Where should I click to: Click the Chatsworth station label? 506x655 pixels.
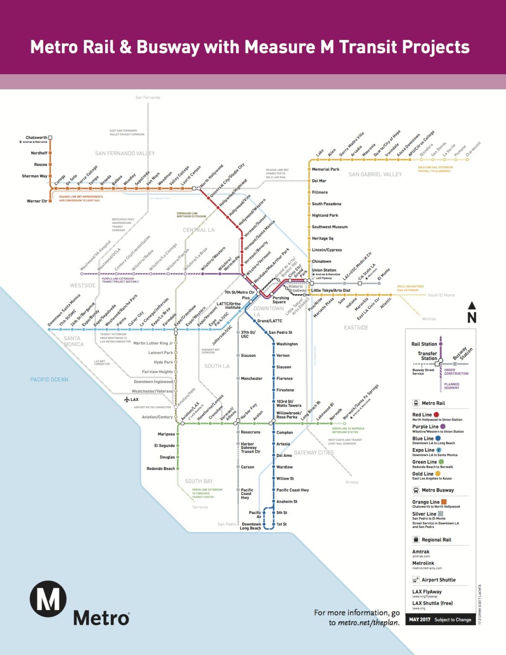click(x=36, y=137)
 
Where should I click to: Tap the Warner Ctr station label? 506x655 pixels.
click(x=37, y=201)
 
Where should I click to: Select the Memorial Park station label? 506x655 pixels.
click(x=325, y=169)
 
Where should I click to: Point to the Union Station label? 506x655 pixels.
click(x=324, y=270)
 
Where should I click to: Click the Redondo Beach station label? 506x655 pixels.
click(x=160, y=469)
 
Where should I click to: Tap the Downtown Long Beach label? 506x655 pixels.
click(x=251, y=526)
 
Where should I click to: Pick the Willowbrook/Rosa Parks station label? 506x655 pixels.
click(x=289, y=415)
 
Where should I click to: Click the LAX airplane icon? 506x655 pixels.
click(x=127, y=400)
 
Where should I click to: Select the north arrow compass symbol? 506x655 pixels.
click(x=471, y=313)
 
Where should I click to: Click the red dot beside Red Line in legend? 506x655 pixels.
click(x=436, y=414)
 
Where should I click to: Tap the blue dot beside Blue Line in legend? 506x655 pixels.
click(x=438, y=438)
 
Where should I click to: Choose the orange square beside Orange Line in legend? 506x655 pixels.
click(x=444, y=502)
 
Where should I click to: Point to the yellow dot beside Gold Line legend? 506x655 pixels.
click(x=437, y=474)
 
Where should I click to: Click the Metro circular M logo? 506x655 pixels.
click(x=48, y=599)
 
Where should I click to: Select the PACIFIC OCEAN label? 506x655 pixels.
click(x=49, y=380)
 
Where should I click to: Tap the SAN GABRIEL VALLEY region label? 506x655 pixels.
click(x=375, y=174)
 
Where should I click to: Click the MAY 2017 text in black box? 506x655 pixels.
click(x=419, y=620)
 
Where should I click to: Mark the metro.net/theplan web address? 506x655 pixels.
click(x=369, y=623)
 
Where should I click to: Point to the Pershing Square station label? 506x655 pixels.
click(x=280, y=300)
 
